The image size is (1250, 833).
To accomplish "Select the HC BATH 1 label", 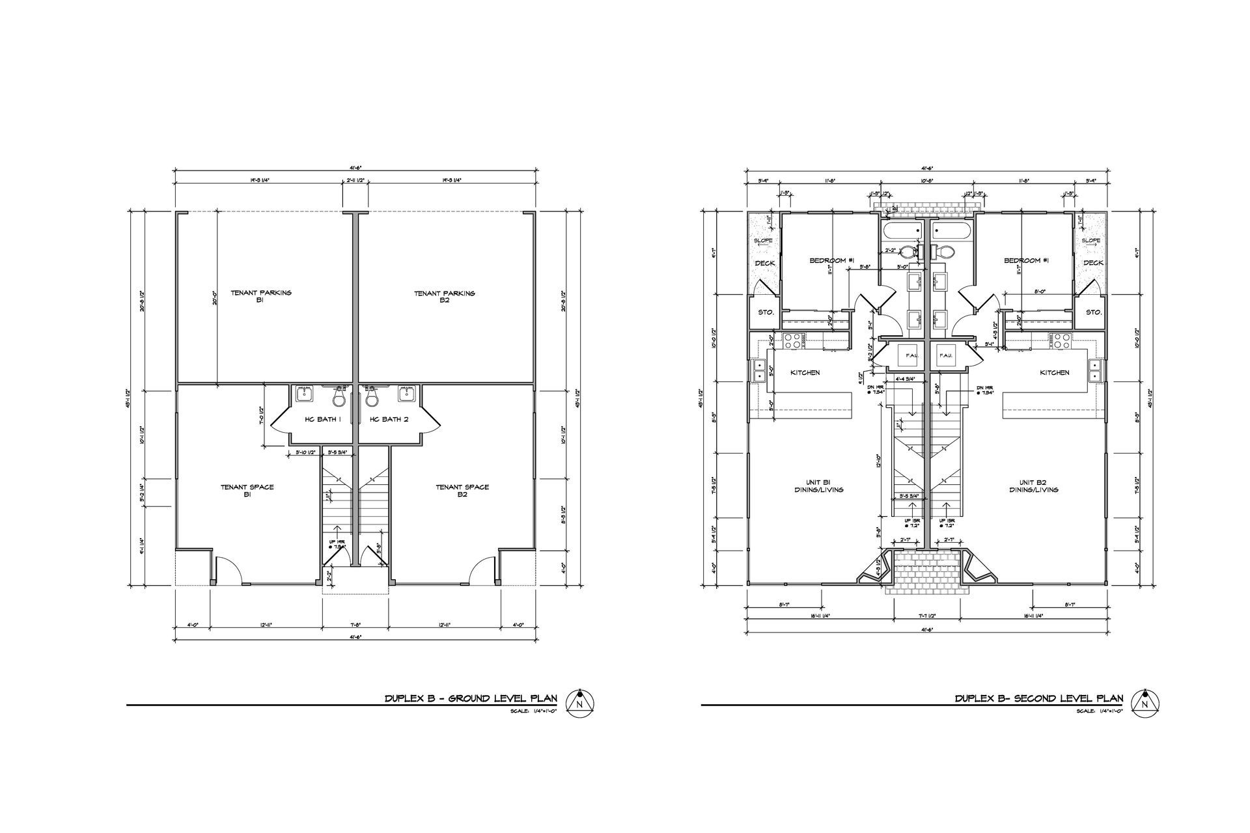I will (x=323, y=419).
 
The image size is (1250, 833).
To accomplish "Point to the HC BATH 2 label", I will (x=389, y=419).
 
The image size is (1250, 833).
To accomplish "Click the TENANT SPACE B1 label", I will (x=247, y=490).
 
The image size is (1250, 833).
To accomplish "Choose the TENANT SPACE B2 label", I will (x=462, y=490).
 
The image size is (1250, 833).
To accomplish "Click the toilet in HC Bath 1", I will (x=339, y=395).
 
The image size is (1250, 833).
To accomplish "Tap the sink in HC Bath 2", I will (x=408, y=394).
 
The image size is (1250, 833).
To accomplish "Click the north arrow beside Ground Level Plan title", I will (x=578, y=704).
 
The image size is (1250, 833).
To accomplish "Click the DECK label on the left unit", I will (x=764, y=263).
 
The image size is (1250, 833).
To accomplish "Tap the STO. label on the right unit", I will (x=1094, y=312).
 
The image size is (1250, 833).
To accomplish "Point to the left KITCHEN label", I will (x=805, y=373).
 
